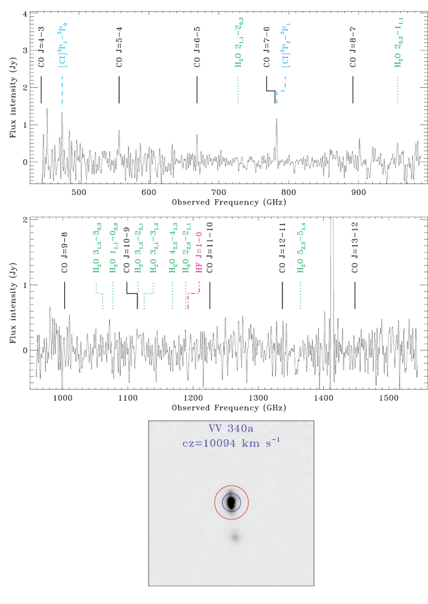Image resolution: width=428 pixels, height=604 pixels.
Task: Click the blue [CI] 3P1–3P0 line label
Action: pos(62,45)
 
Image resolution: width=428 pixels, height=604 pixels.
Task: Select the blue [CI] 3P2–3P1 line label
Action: pos(285,45)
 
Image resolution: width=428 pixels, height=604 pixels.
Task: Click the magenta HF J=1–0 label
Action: pos(199,252)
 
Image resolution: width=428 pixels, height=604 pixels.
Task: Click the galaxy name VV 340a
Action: pos(231,429)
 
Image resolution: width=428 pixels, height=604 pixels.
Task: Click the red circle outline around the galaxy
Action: pos(215,502)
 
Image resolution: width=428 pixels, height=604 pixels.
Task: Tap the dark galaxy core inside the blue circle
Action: pos(231,502)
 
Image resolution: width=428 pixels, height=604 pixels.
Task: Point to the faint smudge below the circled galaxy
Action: pos(235,537)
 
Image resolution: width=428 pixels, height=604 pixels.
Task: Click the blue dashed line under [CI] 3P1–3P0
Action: pos(62,91)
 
